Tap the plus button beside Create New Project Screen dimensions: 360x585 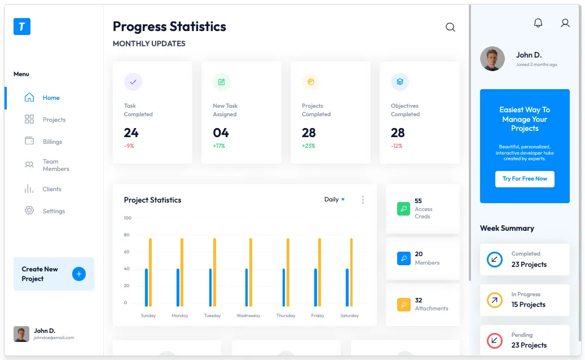point(79,274)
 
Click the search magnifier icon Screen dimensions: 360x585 point(450,27)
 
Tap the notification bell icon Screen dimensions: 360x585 point(538,23)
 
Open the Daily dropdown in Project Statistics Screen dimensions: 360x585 point(334,199)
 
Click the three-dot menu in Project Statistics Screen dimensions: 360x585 point(363,200)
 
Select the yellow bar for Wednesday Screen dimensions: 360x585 point(251,272)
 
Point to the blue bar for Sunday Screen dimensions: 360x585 point(146,287)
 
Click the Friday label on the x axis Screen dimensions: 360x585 point(318,315)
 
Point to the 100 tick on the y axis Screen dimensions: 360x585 point(127,218)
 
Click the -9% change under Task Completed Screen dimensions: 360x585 point(129,146)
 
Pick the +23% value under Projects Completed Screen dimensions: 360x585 point(309,146)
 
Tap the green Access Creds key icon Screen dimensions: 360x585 point(404,209)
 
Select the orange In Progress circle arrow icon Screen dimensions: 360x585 point(494,300)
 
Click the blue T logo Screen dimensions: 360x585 point(22,27)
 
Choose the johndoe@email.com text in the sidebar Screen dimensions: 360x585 point(54,338)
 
